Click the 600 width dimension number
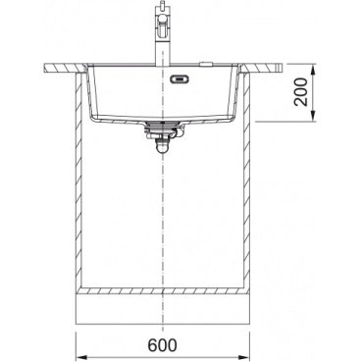click(163, 344)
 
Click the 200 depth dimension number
click(301, 92)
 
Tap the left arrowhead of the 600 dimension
click(81, 356)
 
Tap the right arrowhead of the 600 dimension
click(244, 356)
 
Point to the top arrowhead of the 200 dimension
click(313, 69)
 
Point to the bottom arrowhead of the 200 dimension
click(313, 116)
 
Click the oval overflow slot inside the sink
click(179, 78)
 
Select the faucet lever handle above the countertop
click(162, 26)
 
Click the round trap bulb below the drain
click(162, 148)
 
